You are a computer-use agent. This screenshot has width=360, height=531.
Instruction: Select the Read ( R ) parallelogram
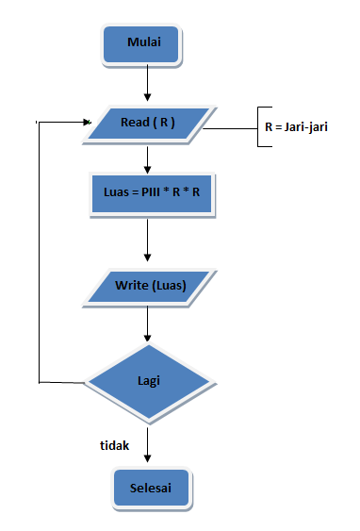pos(147,122)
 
